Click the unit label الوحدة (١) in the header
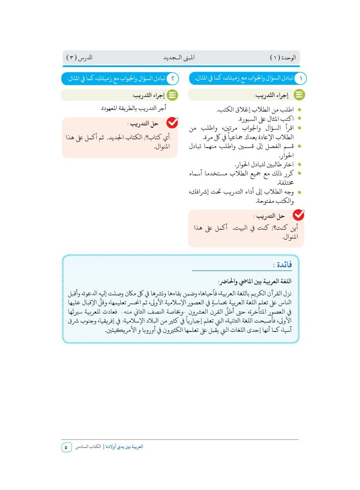(283, 58)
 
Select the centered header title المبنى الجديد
(179, 58)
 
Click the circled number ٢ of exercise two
(172, 78)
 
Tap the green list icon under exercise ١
(299, 95)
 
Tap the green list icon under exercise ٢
(172, 95)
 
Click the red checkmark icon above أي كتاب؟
(172, 123)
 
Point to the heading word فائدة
(283, 265)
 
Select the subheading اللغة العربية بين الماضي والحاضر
(255, 282)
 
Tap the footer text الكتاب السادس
(89, 447)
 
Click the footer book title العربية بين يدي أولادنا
(125, 447)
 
